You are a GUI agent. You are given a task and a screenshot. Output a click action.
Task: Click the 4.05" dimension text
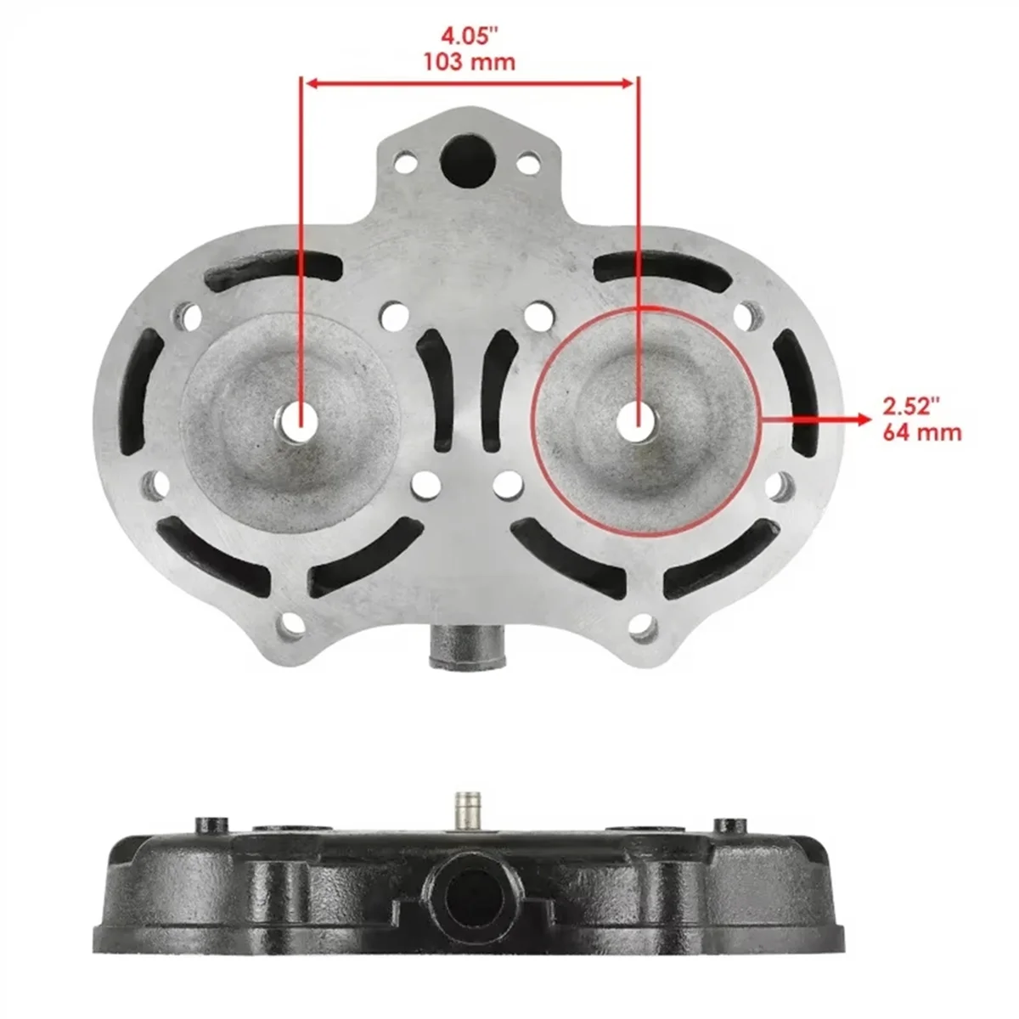click(469, 37)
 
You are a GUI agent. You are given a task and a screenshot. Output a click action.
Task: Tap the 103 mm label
click(469, 63)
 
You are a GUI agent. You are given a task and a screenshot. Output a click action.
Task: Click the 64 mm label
click(921, 432)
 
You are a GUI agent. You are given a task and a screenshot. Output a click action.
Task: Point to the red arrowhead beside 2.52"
click(863, 419)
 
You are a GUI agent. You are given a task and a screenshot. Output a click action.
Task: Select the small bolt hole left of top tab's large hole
click(407, 160)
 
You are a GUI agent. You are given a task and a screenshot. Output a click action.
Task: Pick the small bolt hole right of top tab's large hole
click(528, 160)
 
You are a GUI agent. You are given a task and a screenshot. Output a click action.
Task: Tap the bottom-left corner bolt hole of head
click(292, 626)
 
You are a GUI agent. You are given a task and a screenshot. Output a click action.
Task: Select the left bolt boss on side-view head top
click(212, 825)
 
